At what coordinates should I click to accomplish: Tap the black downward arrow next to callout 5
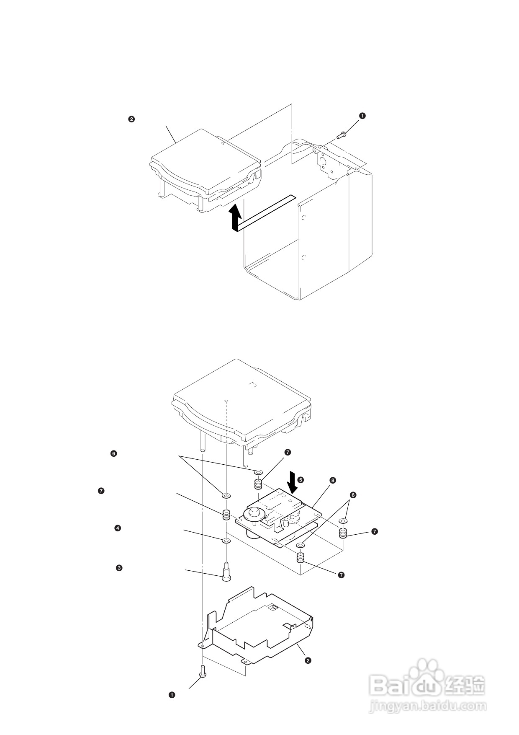(292, 482)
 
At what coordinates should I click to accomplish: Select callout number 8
(332, 481)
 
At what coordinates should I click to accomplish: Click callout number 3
(119, 568)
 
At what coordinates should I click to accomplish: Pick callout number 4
(118, 528)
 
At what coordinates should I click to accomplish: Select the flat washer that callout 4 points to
(226, 541)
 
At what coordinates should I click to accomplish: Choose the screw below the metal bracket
(203, 672)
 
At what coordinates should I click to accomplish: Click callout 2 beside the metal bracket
(308, 661)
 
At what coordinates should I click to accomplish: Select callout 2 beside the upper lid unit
(131, 119)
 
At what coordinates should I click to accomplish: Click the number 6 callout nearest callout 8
(353, 495)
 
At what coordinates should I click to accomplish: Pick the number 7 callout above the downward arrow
(287, 453)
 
